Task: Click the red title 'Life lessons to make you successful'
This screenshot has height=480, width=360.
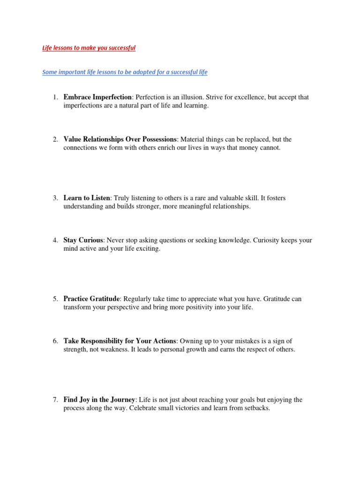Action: pyautogui.click(x=89, y=48)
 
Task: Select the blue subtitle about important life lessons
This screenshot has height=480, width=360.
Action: pyautogui.click(x=125, y=72)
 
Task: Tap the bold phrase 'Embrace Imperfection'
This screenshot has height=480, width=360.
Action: pyautogui.click(x=97, y=97)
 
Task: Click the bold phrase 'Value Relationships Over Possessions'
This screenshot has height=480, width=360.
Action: pyautogui.click(x=120, y=139)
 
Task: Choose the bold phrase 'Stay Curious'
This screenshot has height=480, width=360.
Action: pyautogui.click(x=83, y=240)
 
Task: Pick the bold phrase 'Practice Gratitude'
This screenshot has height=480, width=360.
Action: pyautogui.click(x=92, y=299)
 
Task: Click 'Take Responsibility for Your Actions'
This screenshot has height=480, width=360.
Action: pyautogui.click(x=120, y=341)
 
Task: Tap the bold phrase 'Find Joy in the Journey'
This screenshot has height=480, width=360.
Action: pyautogui.click(x=99, y=400)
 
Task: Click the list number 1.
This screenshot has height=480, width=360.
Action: pyautogui.click(x=55, y=97)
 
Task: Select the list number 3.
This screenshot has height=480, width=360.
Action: pyautogui.click(x=55, y=198)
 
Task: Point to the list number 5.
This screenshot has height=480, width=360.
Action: pyautogui.click(x=55, y=299)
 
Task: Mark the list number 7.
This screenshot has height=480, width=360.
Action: pyautogui.click(x=55, y=400)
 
